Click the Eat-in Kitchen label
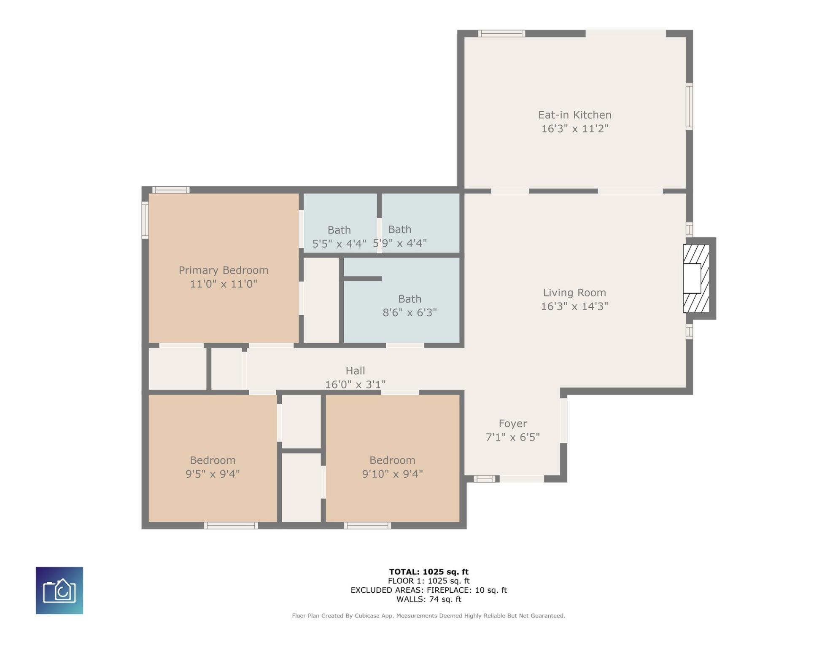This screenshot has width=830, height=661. [x=574, y=115]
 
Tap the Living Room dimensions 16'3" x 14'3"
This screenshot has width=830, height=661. [x=574, y=306]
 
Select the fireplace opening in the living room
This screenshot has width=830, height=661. [x=692, y=278]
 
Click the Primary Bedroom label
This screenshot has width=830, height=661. [x=224, y=270]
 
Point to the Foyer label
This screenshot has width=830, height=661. [x=513, y=423]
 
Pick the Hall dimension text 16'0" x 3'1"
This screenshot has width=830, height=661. [x=355, y=384]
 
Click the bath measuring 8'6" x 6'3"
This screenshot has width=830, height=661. [x=402, y=300]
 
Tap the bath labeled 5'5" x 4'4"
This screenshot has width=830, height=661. [x=340, y=223]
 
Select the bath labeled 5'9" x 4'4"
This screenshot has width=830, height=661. [x=420, y=223]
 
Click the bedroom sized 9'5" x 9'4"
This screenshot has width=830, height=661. [x=213, y=458]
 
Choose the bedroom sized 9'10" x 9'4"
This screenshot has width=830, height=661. [x=393, y=458]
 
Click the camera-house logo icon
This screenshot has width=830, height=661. [x=59, y=591]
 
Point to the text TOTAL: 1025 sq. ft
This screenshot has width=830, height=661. [x=428, y=572]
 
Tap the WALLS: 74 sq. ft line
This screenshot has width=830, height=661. [x=428, y=599]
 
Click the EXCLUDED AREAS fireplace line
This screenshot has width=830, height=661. [x=428, y=590]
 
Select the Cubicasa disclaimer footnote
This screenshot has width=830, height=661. [x=428, y=616]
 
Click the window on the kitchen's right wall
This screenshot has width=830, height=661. [x=689, y=106]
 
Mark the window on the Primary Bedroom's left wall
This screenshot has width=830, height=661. [x=145, y=220]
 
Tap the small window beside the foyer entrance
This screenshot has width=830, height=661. [x=484, y=478]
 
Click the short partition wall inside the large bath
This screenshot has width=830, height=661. [x=363, y=279]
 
